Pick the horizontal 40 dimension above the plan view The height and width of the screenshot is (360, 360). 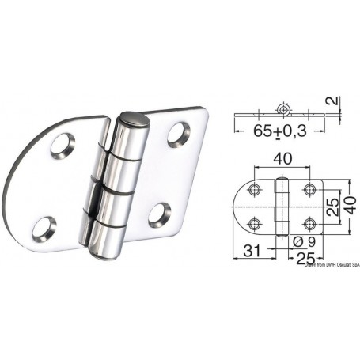282,158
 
